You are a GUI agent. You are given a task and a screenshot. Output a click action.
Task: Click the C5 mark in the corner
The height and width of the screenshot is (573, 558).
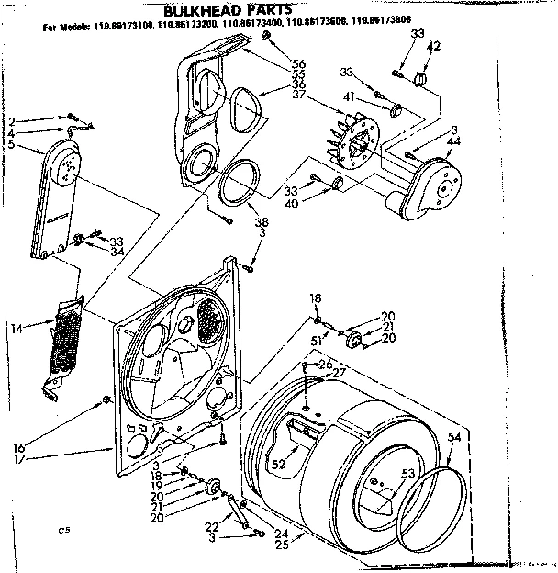click(62, 530)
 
